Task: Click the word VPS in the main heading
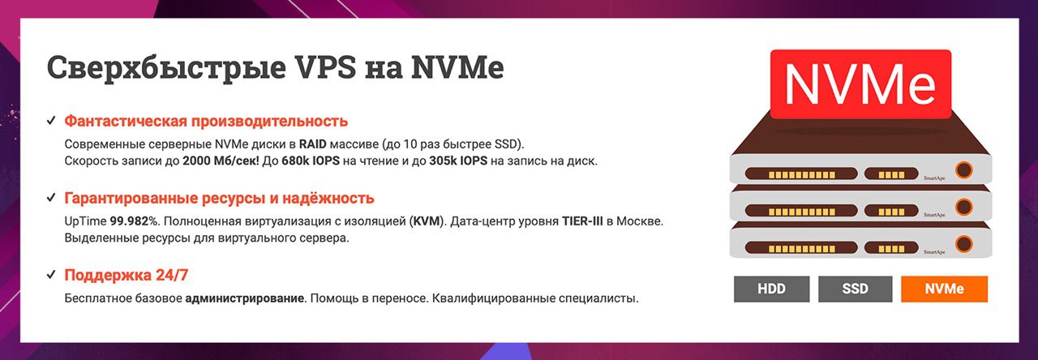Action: [326, 67]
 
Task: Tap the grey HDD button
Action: [771, 289]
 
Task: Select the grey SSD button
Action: [855, 289]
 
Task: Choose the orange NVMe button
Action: [945, 289]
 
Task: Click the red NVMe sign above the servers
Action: [860, 84]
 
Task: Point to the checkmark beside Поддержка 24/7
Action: [51, 275]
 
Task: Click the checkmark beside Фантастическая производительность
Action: [51, 121]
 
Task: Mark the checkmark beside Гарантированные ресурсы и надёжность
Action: [51, 198]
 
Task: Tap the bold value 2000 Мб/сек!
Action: [221, 161]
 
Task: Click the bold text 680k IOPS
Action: [311, 161]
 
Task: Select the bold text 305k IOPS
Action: [458, 161]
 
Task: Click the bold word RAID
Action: [313, 144]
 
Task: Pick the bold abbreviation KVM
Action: [426, 221]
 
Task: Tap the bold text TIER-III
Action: [582, 221]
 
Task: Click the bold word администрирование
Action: [245, 298]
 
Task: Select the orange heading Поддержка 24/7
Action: [126, 275]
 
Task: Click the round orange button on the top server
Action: [964, 169]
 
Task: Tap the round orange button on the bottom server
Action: [964, 244]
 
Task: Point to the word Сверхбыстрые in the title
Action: [166, 68]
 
